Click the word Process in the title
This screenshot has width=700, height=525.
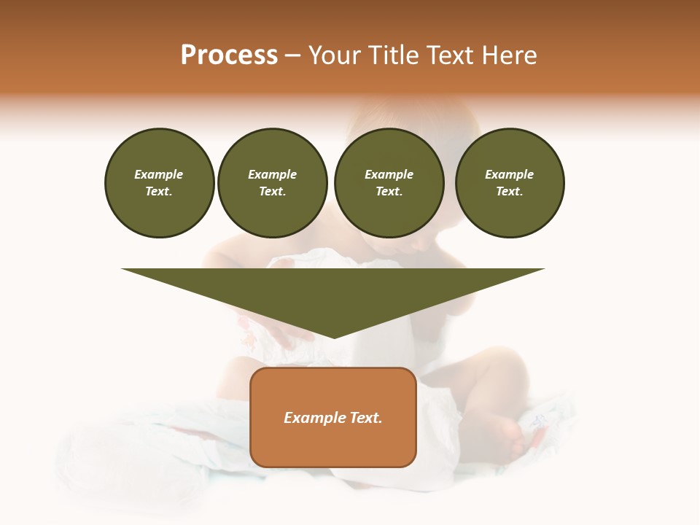tap(229, 55)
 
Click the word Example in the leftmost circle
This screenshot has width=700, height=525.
tap(159, 174)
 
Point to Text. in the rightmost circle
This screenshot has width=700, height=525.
tap(510, 191)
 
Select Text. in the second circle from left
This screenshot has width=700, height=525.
tap(273, 191)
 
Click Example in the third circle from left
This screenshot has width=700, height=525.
tap(389, 174)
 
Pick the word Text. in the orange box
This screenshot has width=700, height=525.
tap(365, 418)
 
